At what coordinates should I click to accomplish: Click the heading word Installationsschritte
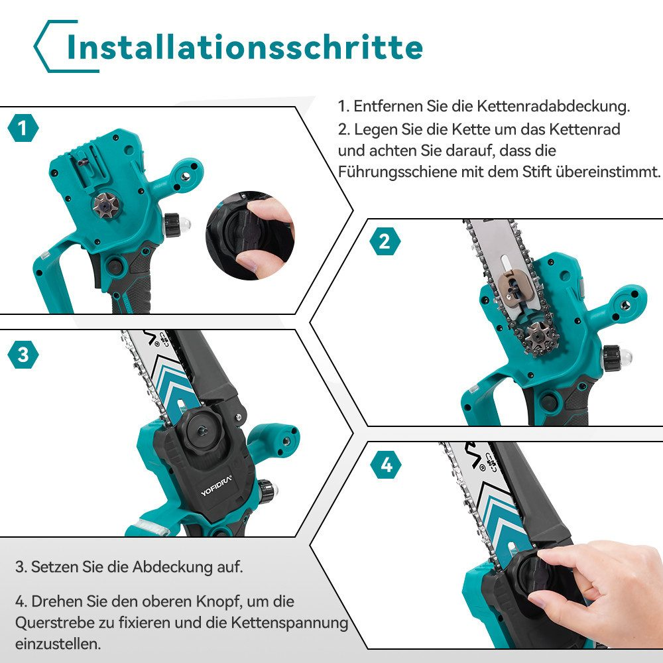point(245,46)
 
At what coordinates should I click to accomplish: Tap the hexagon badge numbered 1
point(23,128)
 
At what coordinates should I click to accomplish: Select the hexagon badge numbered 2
point(385,241)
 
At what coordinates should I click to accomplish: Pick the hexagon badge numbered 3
point(23,354)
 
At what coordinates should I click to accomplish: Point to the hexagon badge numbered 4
point(386,465)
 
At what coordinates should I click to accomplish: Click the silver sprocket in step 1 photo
point(105,206)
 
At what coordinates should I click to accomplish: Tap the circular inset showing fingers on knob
point(251,235)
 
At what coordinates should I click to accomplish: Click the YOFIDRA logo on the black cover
point(216,486)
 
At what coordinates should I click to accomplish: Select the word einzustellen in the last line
point(58,644)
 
